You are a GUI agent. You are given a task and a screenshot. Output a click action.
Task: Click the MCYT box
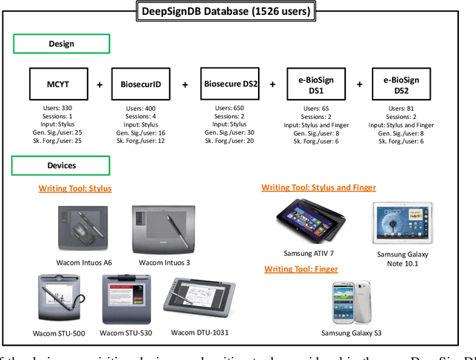coord(58,84)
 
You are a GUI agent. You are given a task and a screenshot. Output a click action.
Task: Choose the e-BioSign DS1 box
coord(315,84)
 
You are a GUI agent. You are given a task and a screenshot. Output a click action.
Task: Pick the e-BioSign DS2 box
coord(402,84)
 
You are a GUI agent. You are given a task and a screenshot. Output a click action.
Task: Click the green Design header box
coord(61,44)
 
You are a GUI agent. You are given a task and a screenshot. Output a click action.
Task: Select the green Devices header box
coord(61,166)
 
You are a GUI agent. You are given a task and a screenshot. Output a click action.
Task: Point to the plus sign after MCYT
coord(100,85)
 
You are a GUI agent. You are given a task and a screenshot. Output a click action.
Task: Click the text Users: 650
coord(228,109)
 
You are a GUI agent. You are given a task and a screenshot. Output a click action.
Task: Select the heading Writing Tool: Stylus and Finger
coord(318,187)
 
